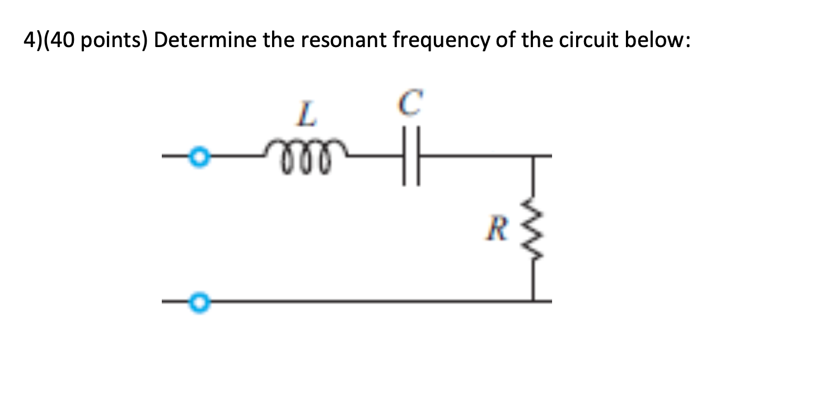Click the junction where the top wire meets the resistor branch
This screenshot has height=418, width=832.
[532, 155]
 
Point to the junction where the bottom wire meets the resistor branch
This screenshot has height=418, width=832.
[532, 301]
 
